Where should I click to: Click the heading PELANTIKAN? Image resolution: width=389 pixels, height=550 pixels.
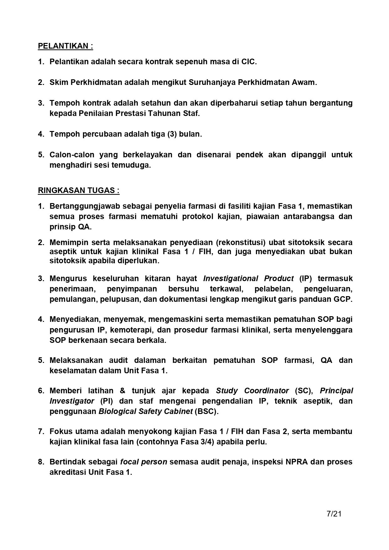[65, 46]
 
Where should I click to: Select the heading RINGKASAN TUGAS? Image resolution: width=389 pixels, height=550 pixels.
[78, 191]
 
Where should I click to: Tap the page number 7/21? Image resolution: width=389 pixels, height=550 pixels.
[334, 514]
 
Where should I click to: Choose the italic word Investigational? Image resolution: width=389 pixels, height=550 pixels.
[230, 279]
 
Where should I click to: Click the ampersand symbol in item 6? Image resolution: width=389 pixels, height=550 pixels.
[123, 391]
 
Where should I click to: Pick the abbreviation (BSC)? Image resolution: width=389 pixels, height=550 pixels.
[206, 411]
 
